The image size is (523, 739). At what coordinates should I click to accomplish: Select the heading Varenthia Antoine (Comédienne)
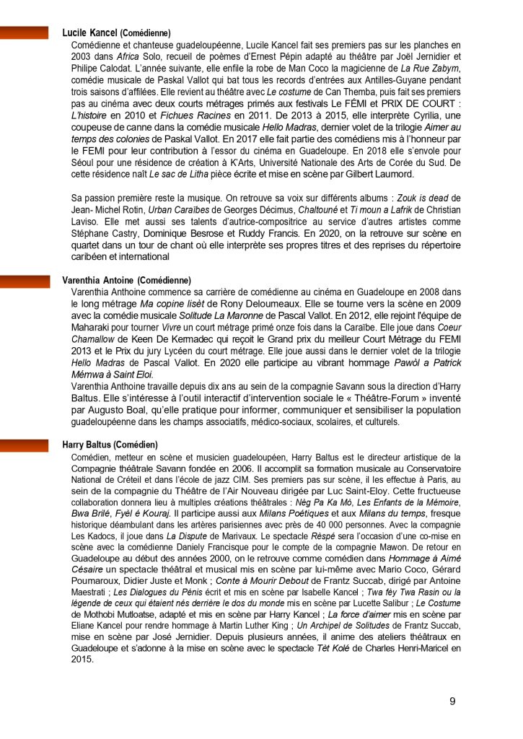click(126, 279)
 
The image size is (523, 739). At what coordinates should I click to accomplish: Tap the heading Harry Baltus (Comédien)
click(110, 445)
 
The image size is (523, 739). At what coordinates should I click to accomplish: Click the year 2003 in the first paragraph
click(84, 56)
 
